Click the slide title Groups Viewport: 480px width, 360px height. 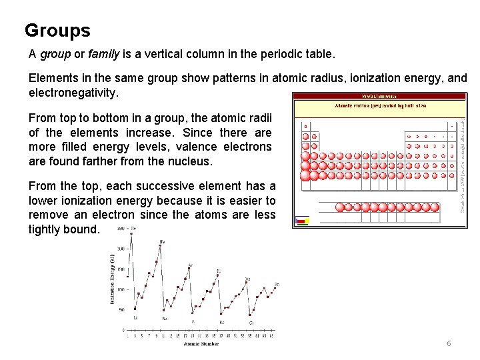[57, 31]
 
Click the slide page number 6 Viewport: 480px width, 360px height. [449, 343]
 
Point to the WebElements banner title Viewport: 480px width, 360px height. [379, 96]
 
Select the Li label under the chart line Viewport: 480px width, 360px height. [136, 317]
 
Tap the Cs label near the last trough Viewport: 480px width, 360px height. [251, 322]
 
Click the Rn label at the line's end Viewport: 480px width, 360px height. [277, 285]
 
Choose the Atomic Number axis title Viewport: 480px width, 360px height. [201, 344]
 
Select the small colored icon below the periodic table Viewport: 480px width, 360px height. [301, 220]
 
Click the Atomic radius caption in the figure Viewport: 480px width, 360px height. [379, 105]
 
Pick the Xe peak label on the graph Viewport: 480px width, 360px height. [247, 279]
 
